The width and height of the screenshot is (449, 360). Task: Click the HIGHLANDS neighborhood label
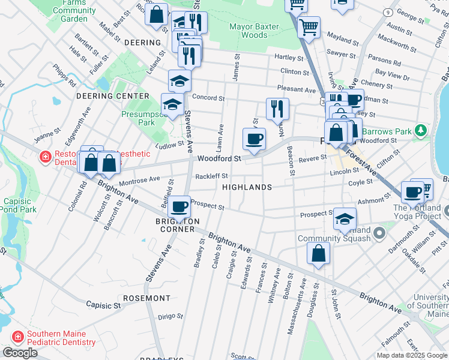(247, 187)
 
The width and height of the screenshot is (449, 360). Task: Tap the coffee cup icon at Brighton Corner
(179, 207)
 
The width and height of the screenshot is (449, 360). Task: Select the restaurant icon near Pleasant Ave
(277, 109)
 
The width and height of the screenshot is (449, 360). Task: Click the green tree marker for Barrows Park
(422, 130)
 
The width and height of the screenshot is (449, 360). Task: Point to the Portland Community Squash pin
(379, 232)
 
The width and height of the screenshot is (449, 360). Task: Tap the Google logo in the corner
(20, 353)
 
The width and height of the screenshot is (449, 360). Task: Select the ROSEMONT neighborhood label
(146, 298)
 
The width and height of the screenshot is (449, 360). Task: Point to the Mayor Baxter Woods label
(256, 31)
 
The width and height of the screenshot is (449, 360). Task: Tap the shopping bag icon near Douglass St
(318, 253)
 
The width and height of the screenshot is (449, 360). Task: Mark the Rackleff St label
(212, 176)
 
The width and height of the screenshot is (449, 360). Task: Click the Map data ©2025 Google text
(411, 355)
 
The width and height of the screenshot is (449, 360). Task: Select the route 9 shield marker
(388, 12)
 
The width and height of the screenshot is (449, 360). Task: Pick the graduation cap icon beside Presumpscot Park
(172, 104)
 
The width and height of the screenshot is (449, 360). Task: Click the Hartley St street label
(289, 58)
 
